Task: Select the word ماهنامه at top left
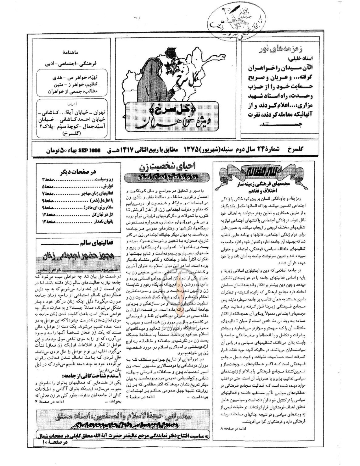tap(74, 52)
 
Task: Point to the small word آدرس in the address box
tap(74, 104)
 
